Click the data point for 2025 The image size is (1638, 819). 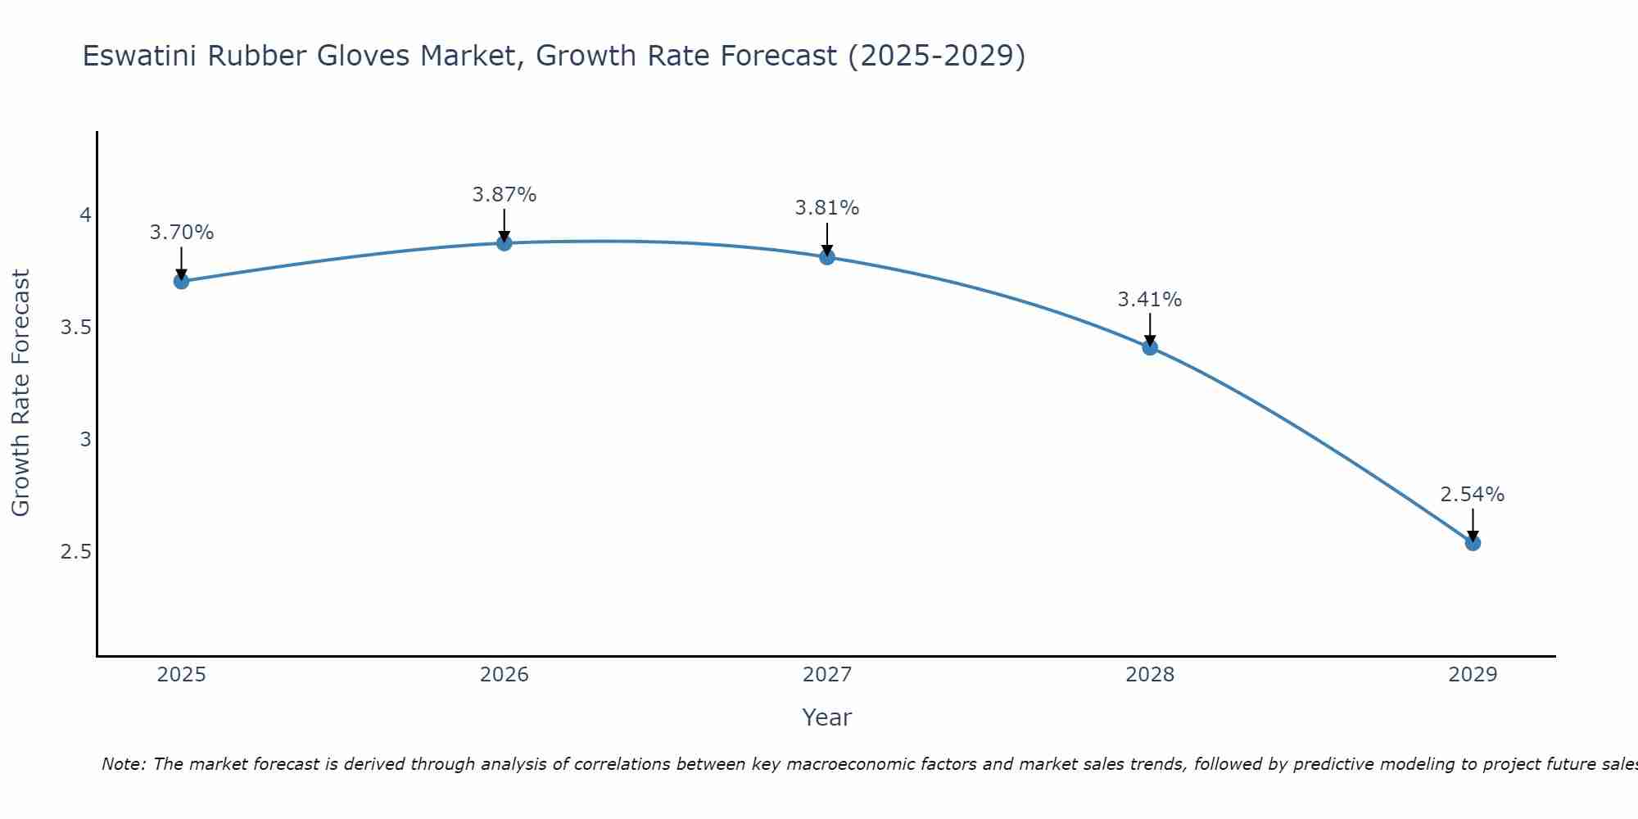(181, 281)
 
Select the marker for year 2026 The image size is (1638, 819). (504, 243)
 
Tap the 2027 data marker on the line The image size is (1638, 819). (827, 257)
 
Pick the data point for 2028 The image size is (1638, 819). (1150, 347)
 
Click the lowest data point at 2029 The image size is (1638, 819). (1473, 542)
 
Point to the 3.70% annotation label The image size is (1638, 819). (181, 233)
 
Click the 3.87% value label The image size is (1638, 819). (504, 195)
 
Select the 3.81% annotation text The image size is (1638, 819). (827, 208)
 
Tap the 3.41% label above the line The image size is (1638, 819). (1150, 300)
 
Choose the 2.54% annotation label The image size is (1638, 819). (1473, 495)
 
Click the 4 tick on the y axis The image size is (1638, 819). (85, 215)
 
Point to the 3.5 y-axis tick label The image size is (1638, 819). (75, 328)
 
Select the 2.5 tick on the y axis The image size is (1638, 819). (75, 552)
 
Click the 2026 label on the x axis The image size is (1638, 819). (504, 675)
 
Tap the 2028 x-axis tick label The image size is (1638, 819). (1150, 675)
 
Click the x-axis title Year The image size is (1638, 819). (827, 717)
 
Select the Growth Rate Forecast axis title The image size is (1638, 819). (20, 393)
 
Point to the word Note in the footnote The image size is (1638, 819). (123, 764)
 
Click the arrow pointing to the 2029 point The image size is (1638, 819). (1473, 524)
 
